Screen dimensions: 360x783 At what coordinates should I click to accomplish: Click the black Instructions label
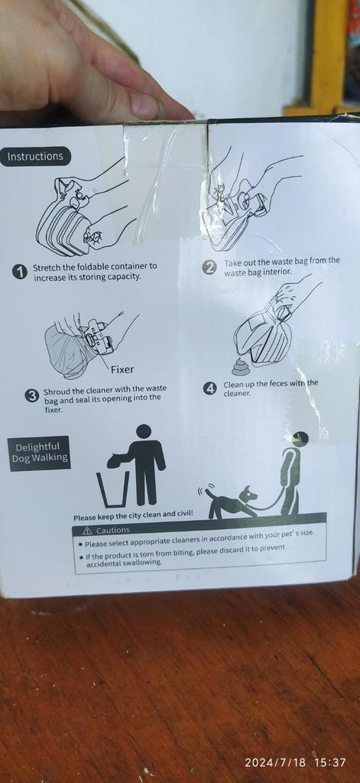(35, 156)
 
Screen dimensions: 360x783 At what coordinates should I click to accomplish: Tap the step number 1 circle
(19, 271)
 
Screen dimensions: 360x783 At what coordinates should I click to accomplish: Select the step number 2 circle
(209, 268)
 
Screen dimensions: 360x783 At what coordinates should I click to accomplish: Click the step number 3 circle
(32, 395)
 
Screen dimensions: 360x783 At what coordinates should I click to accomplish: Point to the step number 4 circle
(210, 388)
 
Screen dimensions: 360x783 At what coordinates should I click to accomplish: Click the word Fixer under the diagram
(122, 370)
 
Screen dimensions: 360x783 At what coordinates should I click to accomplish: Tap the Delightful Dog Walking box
(39, 453)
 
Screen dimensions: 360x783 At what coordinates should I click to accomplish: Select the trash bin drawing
(113, 489)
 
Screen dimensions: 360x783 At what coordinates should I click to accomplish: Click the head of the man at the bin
(144, 432)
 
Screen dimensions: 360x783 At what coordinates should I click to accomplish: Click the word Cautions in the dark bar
(113, 530)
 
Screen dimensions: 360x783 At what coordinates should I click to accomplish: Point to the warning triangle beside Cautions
(87, 530)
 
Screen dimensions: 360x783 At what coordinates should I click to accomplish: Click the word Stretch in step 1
(45, 267)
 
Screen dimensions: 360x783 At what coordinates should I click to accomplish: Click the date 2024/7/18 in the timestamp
(276, 762)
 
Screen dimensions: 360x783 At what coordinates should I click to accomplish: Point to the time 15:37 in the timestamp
(330, 762)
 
